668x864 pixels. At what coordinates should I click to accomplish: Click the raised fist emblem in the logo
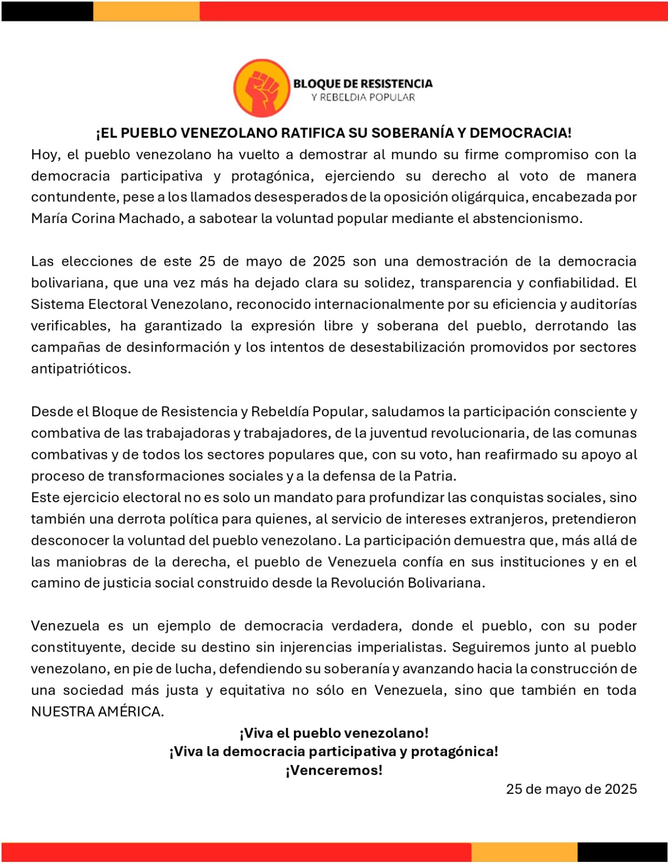[x=262, y=88]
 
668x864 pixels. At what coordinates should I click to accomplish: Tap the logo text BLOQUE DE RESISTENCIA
[x=363, y=83]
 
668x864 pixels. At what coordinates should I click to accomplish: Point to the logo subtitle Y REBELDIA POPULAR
[x=363, y=98]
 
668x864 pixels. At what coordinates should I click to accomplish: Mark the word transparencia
[x=471, y=283]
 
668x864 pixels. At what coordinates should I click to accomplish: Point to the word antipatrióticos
[x=81, y=369]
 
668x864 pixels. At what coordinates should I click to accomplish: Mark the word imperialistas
[x=402, y=647]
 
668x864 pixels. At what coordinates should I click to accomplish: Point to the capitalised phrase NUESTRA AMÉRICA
[x=97, y=712]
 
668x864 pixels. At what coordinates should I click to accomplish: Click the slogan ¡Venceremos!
[x=334, y=770]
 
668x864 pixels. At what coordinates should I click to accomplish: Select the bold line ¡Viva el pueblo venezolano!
[x=334, y=733]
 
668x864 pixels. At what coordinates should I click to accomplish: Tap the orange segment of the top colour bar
[x=146, y=11]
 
